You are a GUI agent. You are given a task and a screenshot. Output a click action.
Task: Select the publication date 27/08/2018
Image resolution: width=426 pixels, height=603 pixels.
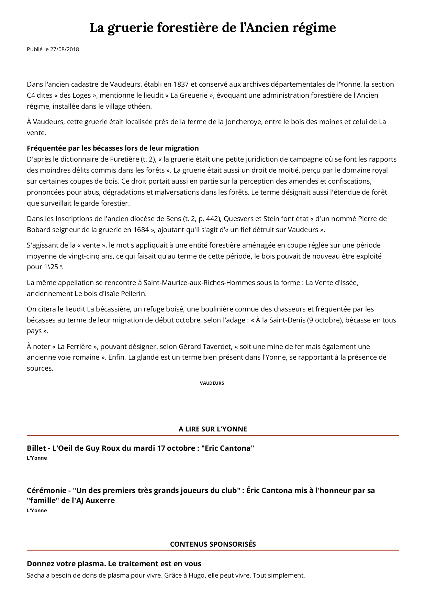pyautogui.click(x=65, y=49)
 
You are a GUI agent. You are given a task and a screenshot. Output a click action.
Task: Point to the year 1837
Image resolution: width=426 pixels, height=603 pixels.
pyautogui.click(x=181, y=84)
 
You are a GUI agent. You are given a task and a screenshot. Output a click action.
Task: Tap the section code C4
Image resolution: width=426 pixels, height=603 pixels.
pyautogui.click(x=31, y=95)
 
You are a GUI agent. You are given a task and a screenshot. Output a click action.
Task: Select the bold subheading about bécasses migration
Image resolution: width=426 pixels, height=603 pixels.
pyautogui.click(x=113, y=148)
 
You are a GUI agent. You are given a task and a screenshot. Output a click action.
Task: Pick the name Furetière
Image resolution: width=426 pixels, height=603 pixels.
pyautogui.click(x=124, y=159)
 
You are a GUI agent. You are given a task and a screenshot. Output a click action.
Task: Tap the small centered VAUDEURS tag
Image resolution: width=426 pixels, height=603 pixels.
pyautogui.click(x=212, y=383)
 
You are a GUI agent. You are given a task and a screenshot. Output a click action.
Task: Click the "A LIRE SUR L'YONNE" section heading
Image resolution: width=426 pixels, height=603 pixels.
pyautogui.click(x=213, y=429)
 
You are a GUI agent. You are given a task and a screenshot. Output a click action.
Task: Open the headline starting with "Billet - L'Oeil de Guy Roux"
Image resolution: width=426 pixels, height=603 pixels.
pyautogui.click(x=140, y=448)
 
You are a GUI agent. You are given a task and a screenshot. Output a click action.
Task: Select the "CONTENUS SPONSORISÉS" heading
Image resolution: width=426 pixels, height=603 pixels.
pyautogui.click(x=213, y=544)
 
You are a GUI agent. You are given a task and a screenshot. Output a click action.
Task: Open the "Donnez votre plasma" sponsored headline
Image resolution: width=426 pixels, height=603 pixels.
pyautogui.click(x=114, y=564)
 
